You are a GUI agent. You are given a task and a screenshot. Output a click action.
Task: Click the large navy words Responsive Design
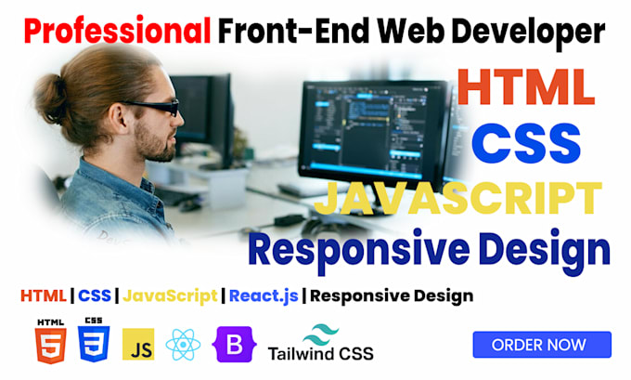[x=430, y=250]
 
